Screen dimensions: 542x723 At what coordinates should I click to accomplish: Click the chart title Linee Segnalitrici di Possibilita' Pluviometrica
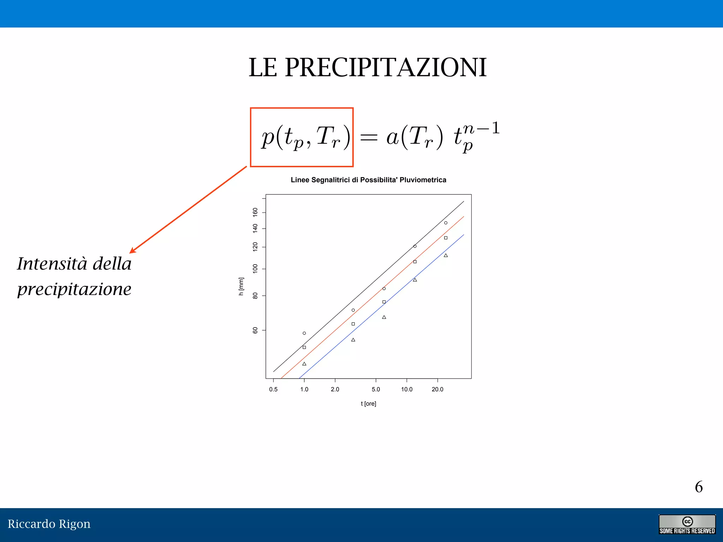tap(368, 180)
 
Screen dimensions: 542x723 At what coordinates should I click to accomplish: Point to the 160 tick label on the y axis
tap(255, 212)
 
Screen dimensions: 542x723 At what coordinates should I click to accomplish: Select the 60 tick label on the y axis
tap(255, 330)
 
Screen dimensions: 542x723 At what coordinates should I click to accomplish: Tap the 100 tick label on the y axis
tap(255, 269)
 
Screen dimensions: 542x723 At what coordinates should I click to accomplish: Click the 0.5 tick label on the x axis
tap(273, 390)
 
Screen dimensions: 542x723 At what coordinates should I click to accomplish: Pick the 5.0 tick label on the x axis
tap(376, 390)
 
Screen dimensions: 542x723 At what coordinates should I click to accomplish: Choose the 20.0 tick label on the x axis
tap(437, 390)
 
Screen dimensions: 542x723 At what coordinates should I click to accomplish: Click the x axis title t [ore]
tap(368, 404)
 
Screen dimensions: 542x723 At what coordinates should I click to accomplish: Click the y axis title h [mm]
tap(241, 286)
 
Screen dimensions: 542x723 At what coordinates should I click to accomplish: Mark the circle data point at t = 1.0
tap(304, 333)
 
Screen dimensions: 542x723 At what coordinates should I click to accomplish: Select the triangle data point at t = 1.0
tap(304, 364)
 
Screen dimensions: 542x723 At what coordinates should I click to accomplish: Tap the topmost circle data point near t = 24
tap(446, 223)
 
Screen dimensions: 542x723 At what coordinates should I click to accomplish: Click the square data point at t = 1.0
tap(304, 348)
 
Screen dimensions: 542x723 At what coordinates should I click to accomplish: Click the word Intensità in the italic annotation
tap(52, 264)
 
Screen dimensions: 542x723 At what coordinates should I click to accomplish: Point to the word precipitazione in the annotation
tap(74, 289)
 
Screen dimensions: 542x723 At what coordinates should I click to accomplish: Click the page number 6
tap(699, 487)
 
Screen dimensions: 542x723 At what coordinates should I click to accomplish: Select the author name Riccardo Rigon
tap(49, 524)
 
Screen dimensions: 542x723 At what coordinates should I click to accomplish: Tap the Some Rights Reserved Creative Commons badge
tap(687, 525)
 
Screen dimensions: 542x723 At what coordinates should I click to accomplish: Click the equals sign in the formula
tap(369, 137)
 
